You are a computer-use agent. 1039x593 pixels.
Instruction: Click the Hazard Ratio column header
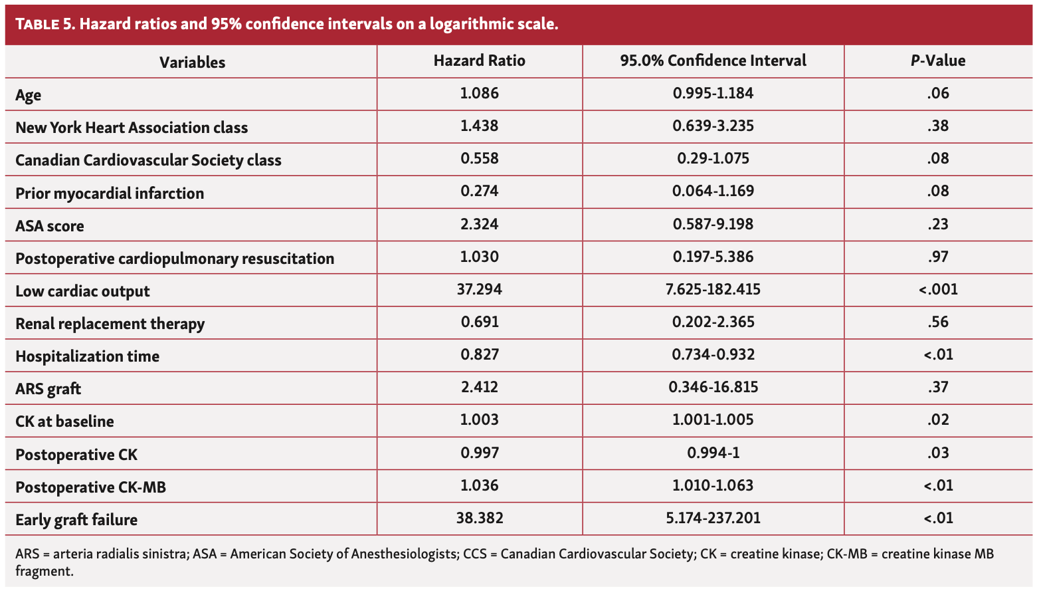pyautogui.click(x=479, y=60)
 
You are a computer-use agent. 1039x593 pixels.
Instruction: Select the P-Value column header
pyautogui.click(x=937, y=60)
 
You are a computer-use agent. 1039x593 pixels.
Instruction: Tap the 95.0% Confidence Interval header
pyautogui.click(x=713, y=60)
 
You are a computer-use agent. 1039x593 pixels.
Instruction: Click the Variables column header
pyautogui.click(x=192, y=62)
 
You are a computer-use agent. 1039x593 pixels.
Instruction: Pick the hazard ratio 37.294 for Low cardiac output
pyautogui.click(x=479, y=289)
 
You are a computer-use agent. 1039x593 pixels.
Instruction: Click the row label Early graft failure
pyautogui.click(x=76, y=520)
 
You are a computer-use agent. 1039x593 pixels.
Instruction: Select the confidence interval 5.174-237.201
pyautogui.click(x=713, y=518)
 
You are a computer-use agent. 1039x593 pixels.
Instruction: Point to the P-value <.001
pyautogui.click(x=937, y=289)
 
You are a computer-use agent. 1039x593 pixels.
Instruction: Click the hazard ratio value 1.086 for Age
pyautogui.click(x=479, y=93)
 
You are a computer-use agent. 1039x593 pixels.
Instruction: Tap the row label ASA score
pyautogui.click(x=50, y=226)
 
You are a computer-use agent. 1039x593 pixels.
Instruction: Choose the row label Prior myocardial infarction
pyautogui.click(x=110, y=193)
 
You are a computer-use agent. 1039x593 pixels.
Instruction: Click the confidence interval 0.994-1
pyautogui.click(x=713, y=453)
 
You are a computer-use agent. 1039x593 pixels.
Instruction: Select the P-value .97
pyautogui.click(x=937, y=257)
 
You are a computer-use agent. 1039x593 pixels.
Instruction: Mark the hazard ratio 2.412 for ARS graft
pyautogui.click(x=479, y=387)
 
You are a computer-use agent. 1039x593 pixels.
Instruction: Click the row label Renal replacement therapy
pyautogui.click(x=110, y=324)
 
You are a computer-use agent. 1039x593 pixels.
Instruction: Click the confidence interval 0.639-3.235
pyautogui.click(x=713, y=126)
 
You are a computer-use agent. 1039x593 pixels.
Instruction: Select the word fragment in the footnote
pyautogui.click(x=43, y=571)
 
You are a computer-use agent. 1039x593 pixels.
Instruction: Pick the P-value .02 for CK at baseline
pyautogui.click(x=937, y=419)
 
